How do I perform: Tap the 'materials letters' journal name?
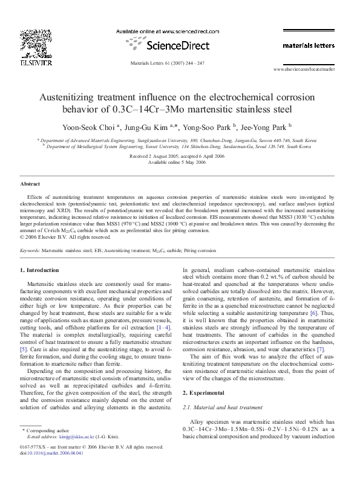(310, 45)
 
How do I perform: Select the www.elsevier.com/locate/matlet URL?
(309, 70)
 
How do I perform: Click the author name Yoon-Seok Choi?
(94, 127)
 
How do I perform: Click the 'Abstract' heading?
(31, 183)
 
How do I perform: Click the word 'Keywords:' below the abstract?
(31, 249)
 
